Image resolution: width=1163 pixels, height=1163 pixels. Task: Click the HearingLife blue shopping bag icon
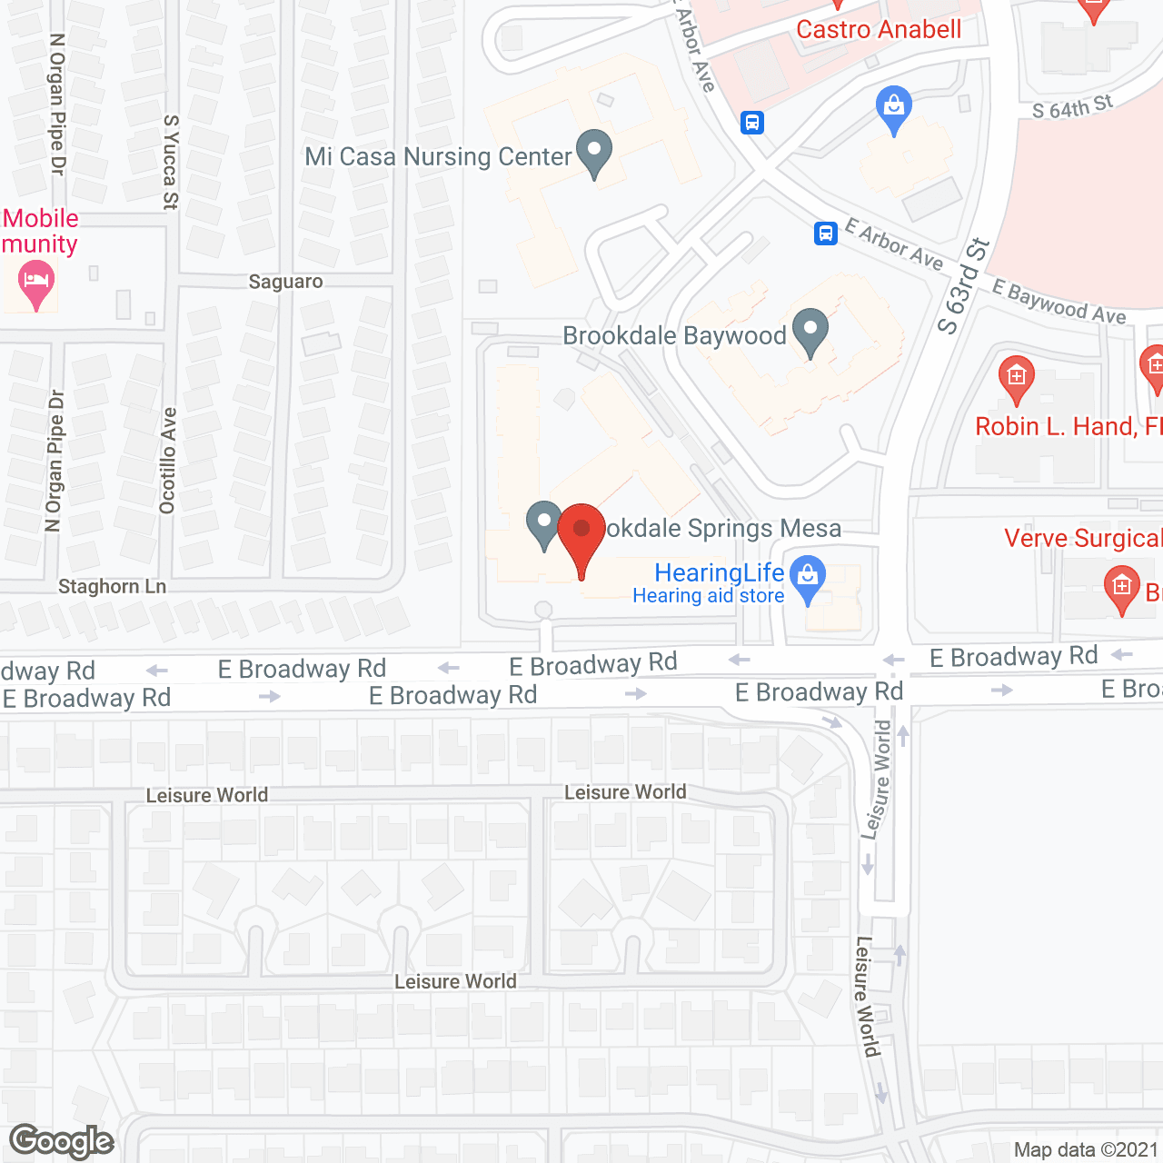coord(807,577)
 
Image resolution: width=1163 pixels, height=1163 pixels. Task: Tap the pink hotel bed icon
coord(36,281)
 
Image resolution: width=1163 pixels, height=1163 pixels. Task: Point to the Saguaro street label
coord(285,282)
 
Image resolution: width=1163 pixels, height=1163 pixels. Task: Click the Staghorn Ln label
coord(112,587)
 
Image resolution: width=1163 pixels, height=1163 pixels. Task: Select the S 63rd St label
coord(963,286)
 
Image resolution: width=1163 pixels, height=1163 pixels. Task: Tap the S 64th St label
coord(1072,108)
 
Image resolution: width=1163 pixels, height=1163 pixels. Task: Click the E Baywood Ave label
coord(1059,302)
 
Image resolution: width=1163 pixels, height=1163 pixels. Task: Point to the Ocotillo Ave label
coord(168,461)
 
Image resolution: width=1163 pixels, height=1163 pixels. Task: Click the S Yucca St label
coord(170,162)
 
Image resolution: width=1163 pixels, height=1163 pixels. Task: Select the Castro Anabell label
coord(879,29)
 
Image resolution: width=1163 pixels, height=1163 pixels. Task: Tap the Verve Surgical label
coord(1082,538)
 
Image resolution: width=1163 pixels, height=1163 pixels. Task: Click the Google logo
coord(62,1141)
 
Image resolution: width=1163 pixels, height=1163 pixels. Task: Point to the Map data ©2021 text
coord(1086,1149)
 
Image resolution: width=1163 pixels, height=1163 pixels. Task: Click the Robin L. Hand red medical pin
coord(1016,379)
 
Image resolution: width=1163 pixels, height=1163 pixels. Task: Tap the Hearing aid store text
coord(708,596)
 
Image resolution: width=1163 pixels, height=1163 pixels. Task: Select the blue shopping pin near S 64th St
coord(894,108)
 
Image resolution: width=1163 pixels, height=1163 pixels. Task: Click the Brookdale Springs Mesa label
coord(723,529)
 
